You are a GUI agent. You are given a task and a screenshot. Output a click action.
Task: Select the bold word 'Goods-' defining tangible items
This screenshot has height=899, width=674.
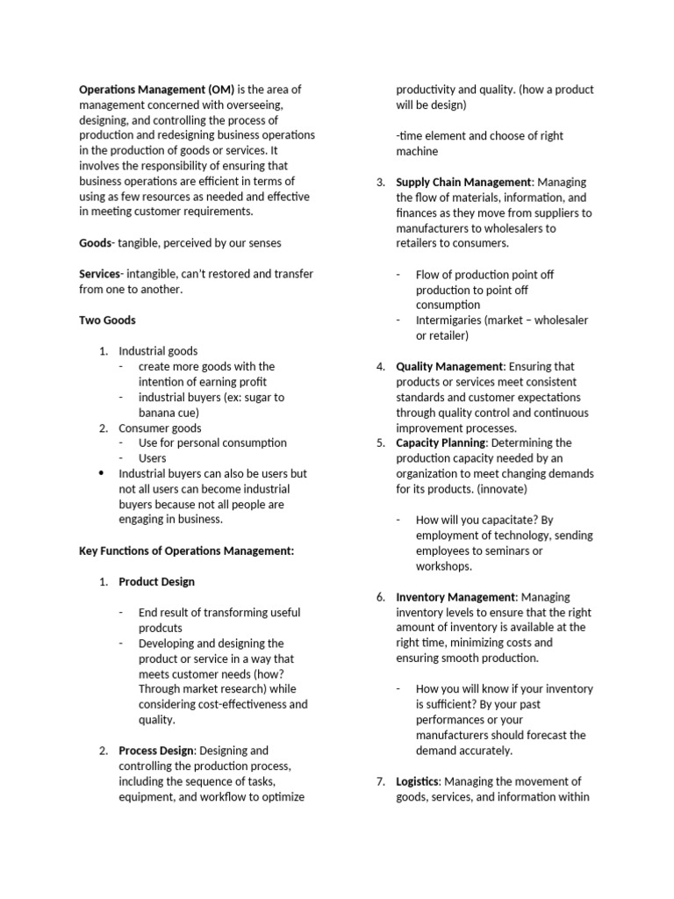point(97,242)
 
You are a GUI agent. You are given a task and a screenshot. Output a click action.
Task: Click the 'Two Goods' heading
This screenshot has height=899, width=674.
point(107,320)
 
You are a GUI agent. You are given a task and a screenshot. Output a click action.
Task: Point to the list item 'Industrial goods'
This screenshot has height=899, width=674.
point(158,351)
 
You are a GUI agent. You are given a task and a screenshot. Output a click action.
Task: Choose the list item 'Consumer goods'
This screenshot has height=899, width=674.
point(160,428)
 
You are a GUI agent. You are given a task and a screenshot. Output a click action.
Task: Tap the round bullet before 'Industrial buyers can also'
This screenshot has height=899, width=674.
point(102,473)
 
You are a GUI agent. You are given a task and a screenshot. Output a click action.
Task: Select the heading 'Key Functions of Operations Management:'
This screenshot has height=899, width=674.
point(186,550)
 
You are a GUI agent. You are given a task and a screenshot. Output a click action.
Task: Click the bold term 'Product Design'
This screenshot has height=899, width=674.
point(157,581)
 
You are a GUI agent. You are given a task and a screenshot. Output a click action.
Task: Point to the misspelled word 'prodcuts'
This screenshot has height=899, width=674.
point(161,628)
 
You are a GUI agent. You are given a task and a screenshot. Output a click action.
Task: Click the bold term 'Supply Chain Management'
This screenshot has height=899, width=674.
point(463,182)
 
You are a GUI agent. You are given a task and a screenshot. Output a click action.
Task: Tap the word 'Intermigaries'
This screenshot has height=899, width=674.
point(450,320)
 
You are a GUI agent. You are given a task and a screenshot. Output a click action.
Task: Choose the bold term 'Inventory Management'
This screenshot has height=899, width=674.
point(455,597)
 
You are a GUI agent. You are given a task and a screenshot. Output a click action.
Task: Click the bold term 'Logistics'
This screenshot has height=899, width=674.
point(417,781)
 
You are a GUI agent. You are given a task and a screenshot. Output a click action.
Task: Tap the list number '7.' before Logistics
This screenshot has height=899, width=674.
point(380,781)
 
